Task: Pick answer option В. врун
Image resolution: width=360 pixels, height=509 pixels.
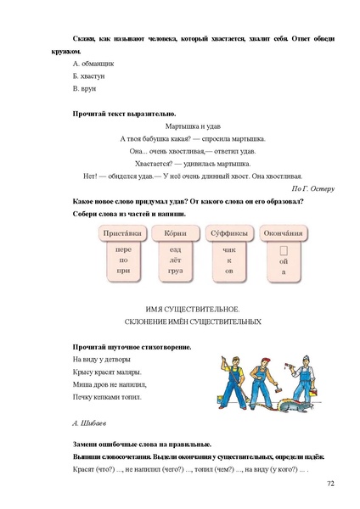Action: click(86, 88)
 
